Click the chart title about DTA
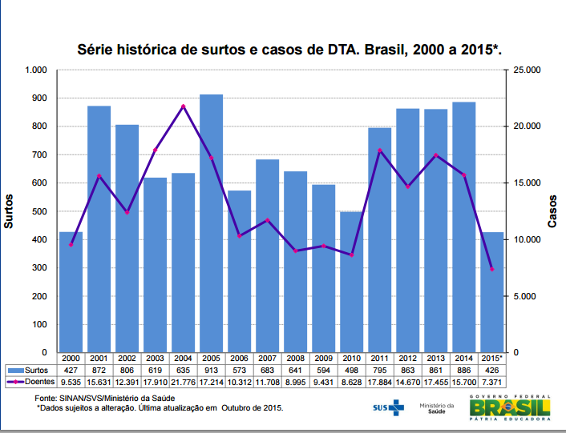[289, 50]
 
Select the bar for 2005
[211, 223]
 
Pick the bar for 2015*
[492, 292]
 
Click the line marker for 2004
[183, 106]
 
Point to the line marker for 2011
[380, 150]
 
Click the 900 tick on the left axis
[38, 98]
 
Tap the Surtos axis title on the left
[10, 211]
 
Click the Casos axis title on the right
[552, 211]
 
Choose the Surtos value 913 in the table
[211, 371]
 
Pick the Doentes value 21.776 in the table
[183, 383]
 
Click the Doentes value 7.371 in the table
[492, 383]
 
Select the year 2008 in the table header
[296, 359]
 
